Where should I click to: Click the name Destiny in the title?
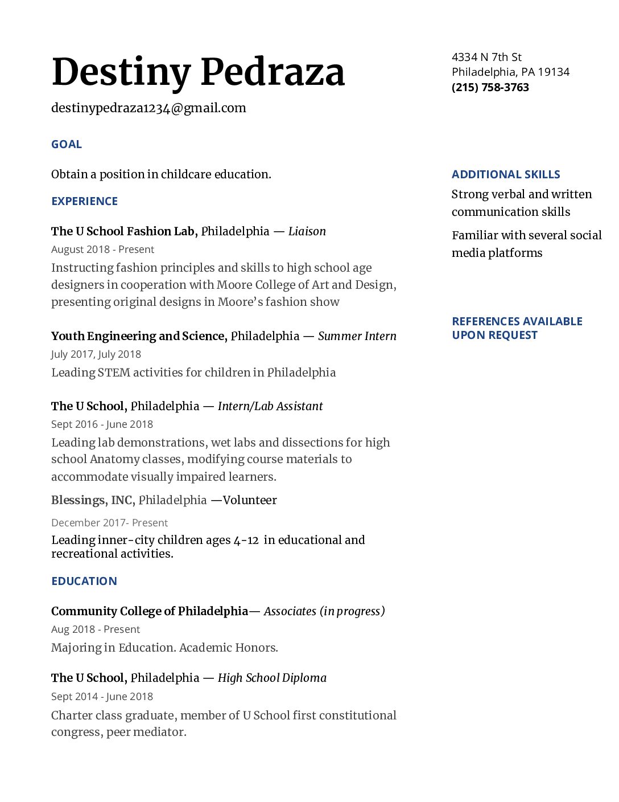pos(121,73)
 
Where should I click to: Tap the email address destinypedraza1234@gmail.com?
pos(148,108)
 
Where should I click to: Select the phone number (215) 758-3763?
pos(490,87)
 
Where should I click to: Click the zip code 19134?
pos(554,72)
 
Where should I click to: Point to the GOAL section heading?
pos(67,144)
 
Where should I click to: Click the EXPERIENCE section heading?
pos(84,201)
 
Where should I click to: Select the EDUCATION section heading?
pos(84,581)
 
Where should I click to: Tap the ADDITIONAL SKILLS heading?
pos(506,174)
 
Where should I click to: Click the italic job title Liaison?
pos(307,231)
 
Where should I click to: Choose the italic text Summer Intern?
pos(357,336)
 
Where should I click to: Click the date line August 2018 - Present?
pos(102,249)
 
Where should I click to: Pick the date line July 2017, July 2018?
pos(96,354)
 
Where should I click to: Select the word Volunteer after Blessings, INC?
pos(250,500)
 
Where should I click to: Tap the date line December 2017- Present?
pos(109,523)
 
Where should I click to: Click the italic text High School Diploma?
pos(272,678)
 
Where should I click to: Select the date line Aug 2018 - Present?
pos(96,629)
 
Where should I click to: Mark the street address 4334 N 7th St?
pos(486,57)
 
